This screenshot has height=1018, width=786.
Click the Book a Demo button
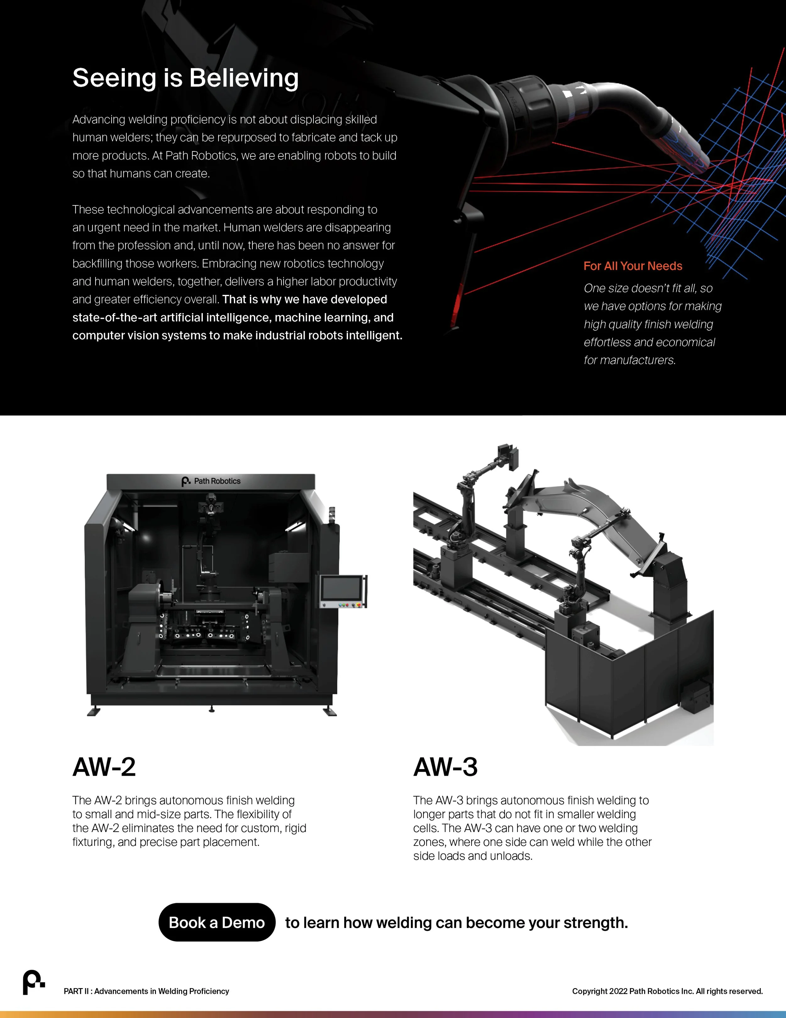pyautogui.click(x=217, y=922)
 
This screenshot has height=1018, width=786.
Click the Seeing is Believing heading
pyautogui.click(x=185, y=78)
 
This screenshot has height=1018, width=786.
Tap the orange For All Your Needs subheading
pyautogui.click(x=632, y=266)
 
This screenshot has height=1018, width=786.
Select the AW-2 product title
pyautogui.click(x=104, y=767)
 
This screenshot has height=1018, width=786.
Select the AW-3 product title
pyautogui.click(x=445, y=767)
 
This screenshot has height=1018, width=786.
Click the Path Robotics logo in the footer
pyautogui.click(x=34, y=982)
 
